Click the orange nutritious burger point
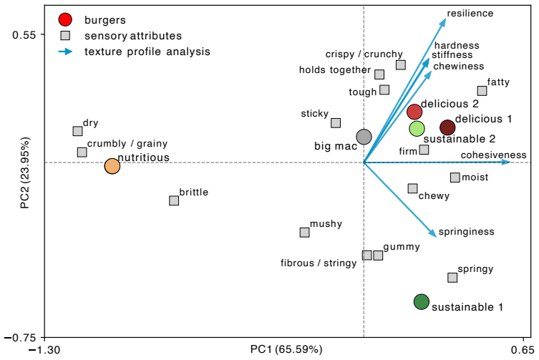coord(112,166)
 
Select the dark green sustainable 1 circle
coord(422,302)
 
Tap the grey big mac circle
coord(364,137)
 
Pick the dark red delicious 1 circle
coord(447,127)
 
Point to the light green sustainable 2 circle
coord(417,129)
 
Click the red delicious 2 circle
coord(414,112)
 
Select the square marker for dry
coord(78,131)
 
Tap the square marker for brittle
coord(174,200)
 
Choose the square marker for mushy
coord(304,233)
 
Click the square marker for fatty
coord(482,91)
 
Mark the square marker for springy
coord(452,278)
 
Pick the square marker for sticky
coord(336,123)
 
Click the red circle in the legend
coord(65,19)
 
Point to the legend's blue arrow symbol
coord(65,52)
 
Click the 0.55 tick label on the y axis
coord(24,35)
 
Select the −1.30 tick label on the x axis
coord(44,351)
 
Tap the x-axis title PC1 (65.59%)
coord(286,349)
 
